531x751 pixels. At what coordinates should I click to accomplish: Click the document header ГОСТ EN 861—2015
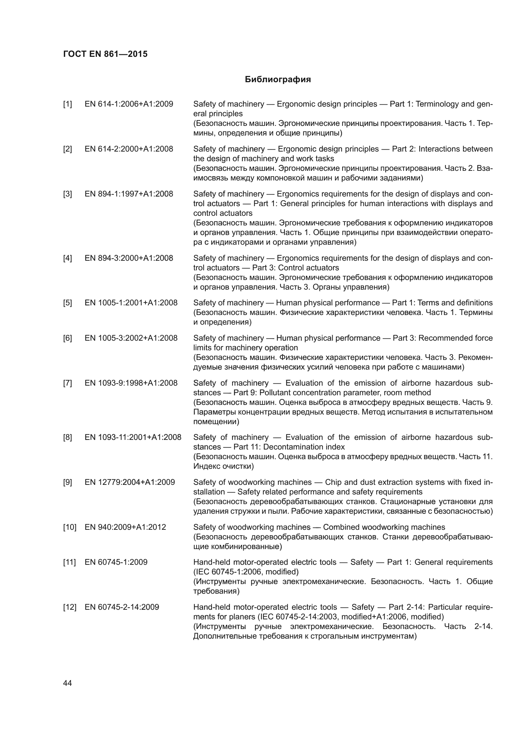pos(105,54)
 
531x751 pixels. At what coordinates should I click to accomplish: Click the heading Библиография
pos(278,80)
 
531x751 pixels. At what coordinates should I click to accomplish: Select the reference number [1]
pos(67,104)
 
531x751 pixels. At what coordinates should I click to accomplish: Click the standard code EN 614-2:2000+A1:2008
pos(129,149)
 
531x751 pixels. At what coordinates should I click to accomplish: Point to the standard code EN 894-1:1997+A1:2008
pos(129,194)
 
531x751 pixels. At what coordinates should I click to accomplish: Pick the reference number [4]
pos(67,258)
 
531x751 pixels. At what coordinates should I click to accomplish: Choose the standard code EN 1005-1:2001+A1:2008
pos(131,303)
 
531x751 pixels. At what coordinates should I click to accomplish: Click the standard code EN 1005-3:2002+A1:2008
pos(131,338)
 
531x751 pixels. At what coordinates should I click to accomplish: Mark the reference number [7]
pos(67,383)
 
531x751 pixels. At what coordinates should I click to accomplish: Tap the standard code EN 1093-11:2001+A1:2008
pos(133,437)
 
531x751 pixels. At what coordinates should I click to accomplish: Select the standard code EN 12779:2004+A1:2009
pos(130,482)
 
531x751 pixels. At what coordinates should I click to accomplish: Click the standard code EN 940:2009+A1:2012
pos(125,527)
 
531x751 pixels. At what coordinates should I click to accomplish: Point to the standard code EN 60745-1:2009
pos(116,562)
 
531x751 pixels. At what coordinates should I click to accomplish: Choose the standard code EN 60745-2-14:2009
pos(122,607)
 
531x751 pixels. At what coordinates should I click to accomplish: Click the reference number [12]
pos(70,607)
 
